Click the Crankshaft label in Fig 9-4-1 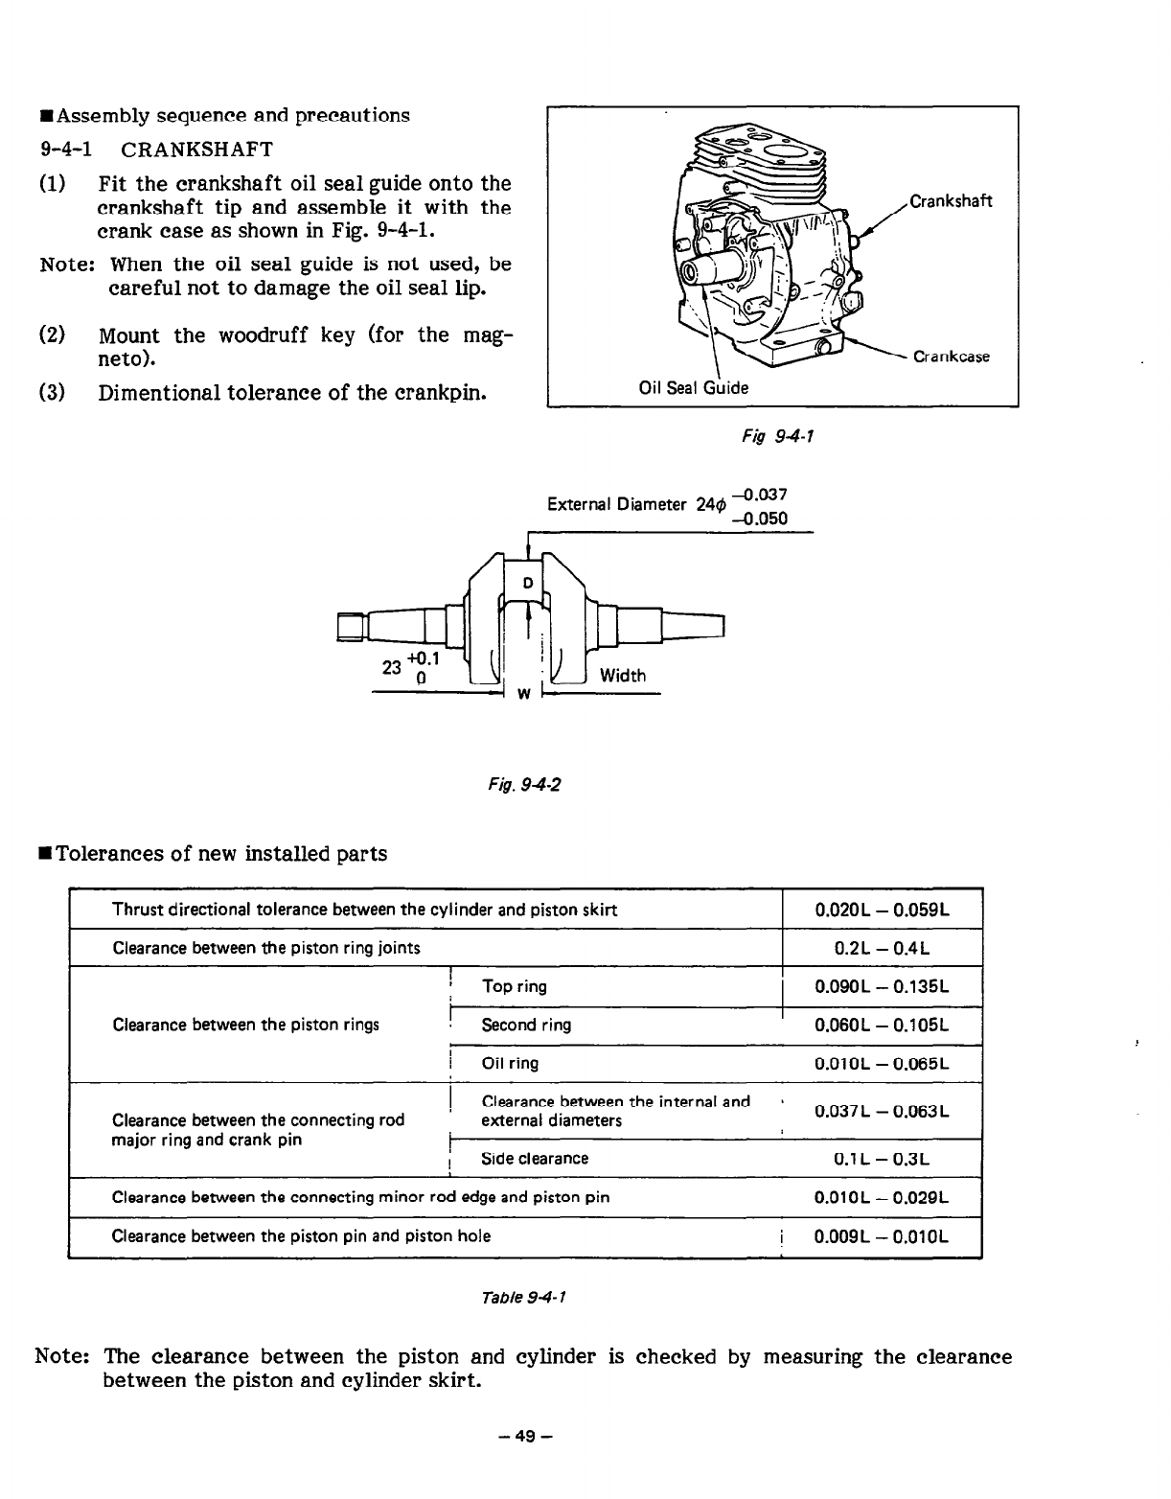[x=951, y=201]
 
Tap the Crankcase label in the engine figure [x=951, y=357]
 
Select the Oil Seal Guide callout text [x=694, y=387]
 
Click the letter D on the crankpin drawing [x=527, y=584]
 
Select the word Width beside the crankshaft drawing [x=623, y=676]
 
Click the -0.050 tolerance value [x=759, y=519]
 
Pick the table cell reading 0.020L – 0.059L [x=882, y=910]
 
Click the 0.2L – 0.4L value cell [x=882, y=949]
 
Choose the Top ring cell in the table [x=515, y=986]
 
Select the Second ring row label [x=526, y=1025]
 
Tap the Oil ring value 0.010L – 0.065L [x=882, y=1063]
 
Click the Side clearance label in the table [x=535, y=1158]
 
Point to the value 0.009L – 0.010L [x=882, y=1236]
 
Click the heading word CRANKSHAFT [x=197, y=150]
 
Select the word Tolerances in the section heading [x=113, y=854]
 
